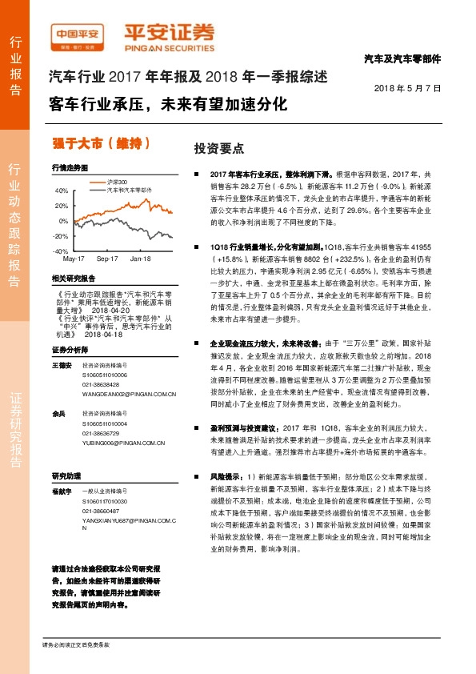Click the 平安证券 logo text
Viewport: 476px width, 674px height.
point(168,33)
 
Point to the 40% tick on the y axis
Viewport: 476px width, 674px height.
point(62,191)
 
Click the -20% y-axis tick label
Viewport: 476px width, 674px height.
point(61,236)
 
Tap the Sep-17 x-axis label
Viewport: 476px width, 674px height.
point(107,259)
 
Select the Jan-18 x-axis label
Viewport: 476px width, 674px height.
point(141,259)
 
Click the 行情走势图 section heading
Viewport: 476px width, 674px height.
point(68,168)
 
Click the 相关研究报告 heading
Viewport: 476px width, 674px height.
point(73,278)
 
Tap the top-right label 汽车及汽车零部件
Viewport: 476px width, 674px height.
point(402,59)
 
